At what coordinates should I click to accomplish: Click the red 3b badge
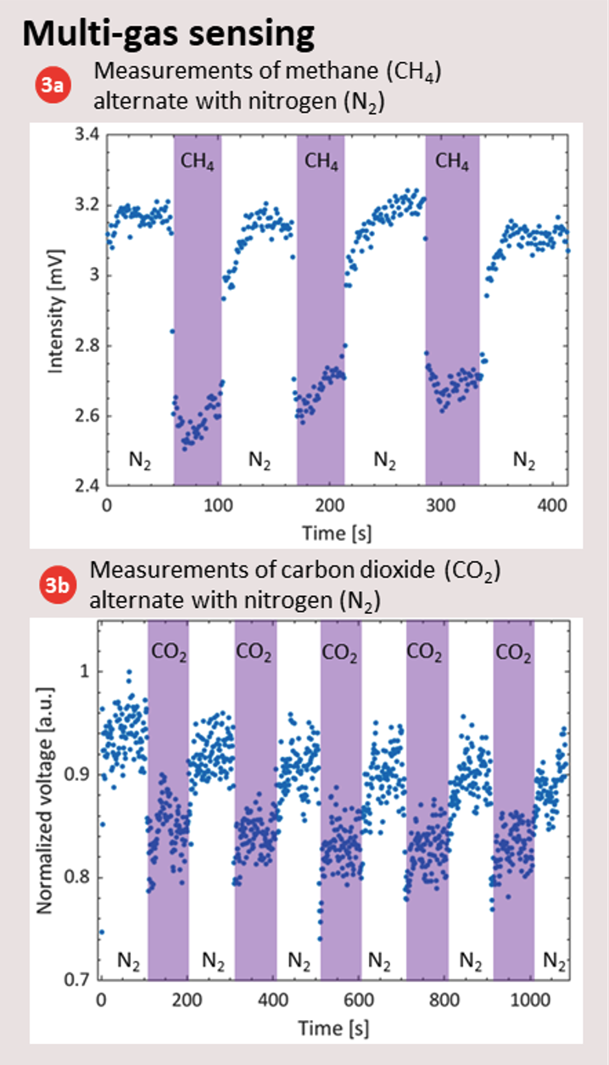50,586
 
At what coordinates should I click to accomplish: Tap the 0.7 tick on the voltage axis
81,980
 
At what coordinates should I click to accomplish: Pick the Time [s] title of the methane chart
337,533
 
